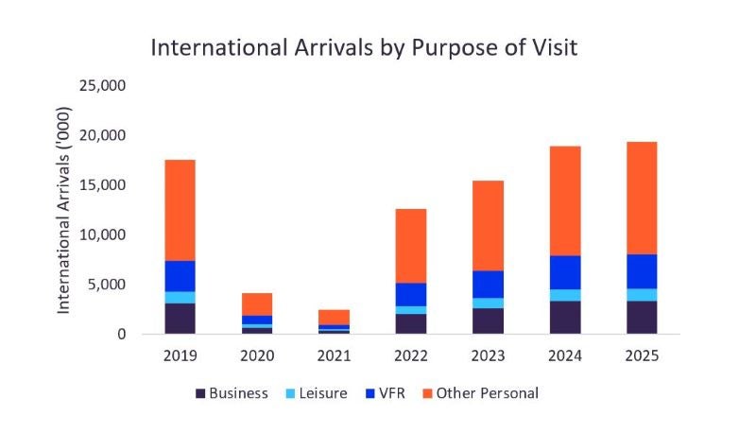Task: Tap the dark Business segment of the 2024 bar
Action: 565,317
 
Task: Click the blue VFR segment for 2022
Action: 411,294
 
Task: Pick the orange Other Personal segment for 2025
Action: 642,198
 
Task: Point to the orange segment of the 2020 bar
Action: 257,303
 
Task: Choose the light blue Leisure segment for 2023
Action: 489,303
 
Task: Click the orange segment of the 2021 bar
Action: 334,317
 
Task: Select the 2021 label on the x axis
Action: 334,356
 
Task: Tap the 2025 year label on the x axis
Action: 642,356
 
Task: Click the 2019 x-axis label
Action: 180,356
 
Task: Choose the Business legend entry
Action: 232,392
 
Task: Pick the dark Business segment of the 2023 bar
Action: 489,320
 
